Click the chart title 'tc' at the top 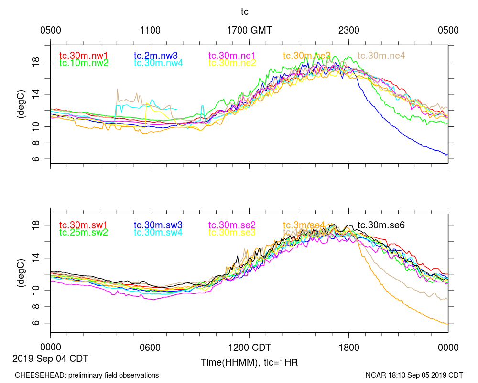tap(244, 11)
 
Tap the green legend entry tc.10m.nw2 tap(84, 63)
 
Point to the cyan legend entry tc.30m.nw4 tap(158, 63)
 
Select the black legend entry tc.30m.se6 tap(381, 225)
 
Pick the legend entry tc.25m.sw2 tap(84, 233)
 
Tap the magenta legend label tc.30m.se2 tap(232, 225)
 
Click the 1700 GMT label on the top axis tap(249, 30)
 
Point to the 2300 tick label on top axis tap(348, 30)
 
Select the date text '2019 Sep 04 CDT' tap(50, 358)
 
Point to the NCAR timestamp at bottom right tap(414, 375)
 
